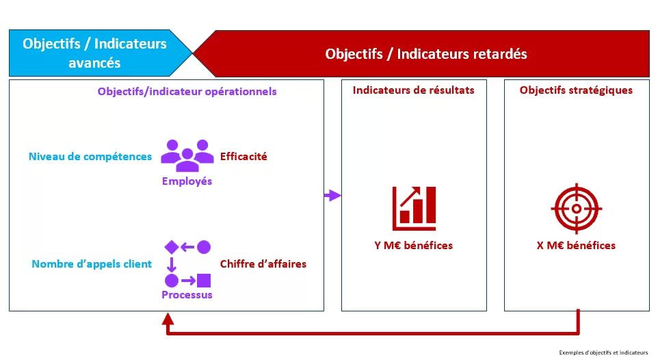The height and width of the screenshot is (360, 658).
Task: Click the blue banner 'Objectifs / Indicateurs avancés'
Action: [x=94, y=53]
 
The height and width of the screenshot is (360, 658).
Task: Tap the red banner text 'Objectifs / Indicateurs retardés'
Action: [x=426, y=53]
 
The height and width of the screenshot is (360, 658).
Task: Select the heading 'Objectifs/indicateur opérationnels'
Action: [x=187, y=91]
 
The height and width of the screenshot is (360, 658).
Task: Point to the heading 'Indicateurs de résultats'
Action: [x=413, y=90]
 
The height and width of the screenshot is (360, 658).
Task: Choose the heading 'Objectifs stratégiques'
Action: [x=576, y=90]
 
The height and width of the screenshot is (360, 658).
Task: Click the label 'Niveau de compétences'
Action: [x=90, y=157]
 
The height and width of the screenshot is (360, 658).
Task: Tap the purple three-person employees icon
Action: [x=187, y=155]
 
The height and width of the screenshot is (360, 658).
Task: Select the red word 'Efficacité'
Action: [x=244, y=156]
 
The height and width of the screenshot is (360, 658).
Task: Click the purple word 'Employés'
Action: [x=187, y=181]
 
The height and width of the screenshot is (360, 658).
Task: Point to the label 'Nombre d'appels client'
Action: [x=92, y=263]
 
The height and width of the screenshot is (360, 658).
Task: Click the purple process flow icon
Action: [x=187, y=263]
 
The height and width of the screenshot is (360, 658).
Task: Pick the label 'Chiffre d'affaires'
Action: [x=263, y=263]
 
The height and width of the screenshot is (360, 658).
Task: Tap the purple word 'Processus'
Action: [x=187, y=295]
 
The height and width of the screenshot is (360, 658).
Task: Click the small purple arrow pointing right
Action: [x=332, y=196]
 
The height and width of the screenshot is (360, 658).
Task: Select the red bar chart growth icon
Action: [x=414, y=208]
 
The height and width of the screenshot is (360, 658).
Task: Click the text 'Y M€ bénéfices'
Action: [x=413, y=246]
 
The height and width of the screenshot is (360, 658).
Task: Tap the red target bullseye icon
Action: [x=576, y=208]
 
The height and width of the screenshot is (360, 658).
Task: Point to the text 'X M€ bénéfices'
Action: [x=576, y=246]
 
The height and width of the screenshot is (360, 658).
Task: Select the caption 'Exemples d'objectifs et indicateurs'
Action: [x=603, y=352]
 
